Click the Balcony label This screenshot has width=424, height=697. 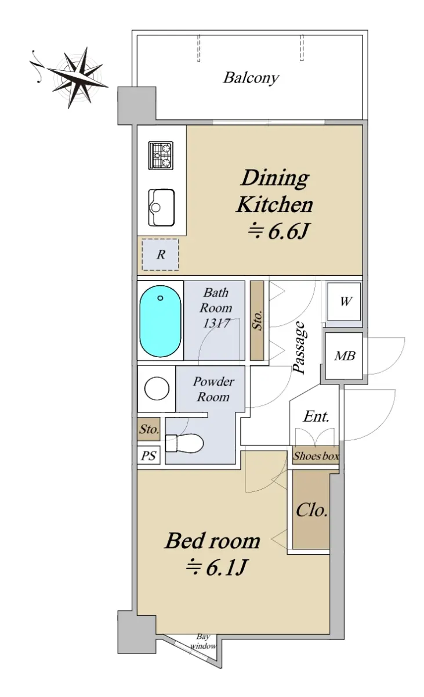pos(251,78)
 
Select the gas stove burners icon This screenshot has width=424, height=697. pos(161,156)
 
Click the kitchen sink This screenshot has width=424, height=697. pos(161,207)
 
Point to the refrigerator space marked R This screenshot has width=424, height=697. pos(160,254)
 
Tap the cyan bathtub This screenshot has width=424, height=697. pos(160,321)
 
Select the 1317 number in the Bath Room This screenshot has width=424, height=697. pos(216,324)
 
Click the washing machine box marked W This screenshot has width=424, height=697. pos(344,301)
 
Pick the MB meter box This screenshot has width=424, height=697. pos(344,356)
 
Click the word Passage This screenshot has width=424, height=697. pos(299,347)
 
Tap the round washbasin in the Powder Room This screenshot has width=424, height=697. pos(157,389)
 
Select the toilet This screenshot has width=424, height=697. pos(184,443)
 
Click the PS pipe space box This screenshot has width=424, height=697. pos(148,455)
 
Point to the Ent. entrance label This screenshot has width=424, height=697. pos(316,416)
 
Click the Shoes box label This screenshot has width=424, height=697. pos(316,456)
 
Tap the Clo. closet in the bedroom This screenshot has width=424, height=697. pos(311,511)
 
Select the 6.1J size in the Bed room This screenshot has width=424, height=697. pos(217,567)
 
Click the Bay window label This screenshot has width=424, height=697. pos(203,641)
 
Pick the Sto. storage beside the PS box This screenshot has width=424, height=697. pos(149,429)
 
